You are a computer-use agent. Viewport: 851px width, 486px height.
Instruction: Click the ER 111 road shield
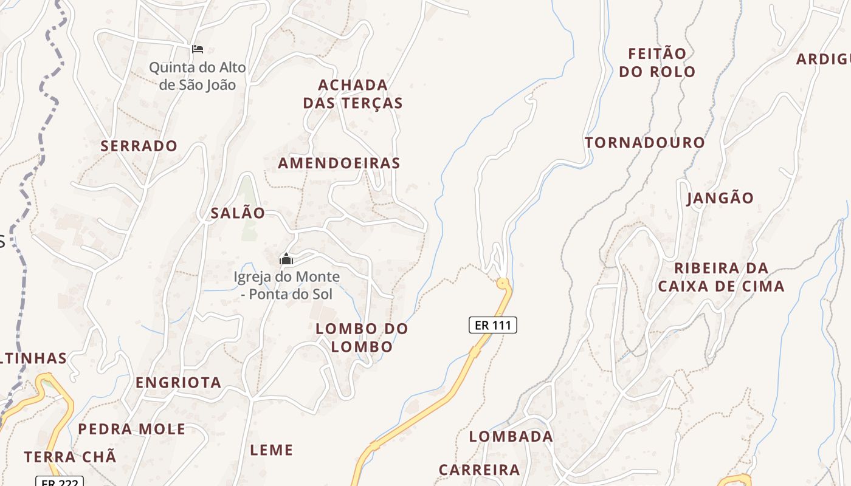tap(492, 325)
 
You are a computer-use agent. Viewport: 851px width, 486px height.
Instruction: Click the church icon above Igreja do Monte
tap(286, 259)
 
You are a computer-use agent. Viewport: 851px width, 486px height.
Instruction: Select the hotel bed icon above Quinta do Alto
tap(197, 49)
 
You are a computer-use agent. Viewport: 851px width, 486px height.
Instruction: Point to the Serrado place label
tap(139, 146)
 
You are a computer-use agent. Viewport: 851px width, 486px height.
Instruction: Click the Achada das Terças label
tap(353, 94)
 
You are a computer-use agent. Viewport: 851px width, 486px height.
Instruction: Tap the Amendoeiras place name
tap(339, 163)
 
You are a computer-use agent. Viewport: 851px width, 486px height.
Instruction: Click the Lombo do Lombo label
tap(362, 338)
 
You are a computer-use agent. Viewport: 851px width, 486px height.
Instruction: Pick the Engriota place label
tap(178, 383)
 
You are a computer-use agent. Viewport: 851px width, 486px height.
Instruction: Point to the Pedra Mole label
tap(132, 429)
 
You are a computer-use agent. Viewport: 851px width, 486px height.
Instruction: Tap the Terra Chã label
tap(70, 457)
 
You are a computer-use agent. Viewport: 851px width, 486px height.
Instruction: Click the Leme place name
tap(272, 450)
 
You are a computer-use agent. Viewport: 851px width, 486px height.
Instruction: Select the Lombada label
tap(511, 436)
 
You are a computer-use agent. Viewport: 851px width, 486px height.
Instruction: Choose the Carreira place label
tap(479, 470)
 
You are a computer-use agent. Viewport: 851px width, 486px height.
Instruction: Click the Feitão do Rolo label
tap(656, 63)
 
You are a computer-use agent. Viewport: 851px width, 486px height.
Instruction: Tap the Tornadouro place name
tap(644, 143)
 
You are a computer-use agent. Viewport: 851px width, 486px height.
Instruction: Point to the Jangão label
tap(720, 198)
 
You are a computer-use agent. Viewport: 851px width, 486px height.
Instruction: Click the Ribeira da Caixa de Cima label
tap(721, 277)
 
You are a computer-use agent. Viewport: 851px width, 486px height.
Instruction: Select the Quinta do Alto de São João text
tap(198, 76)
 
